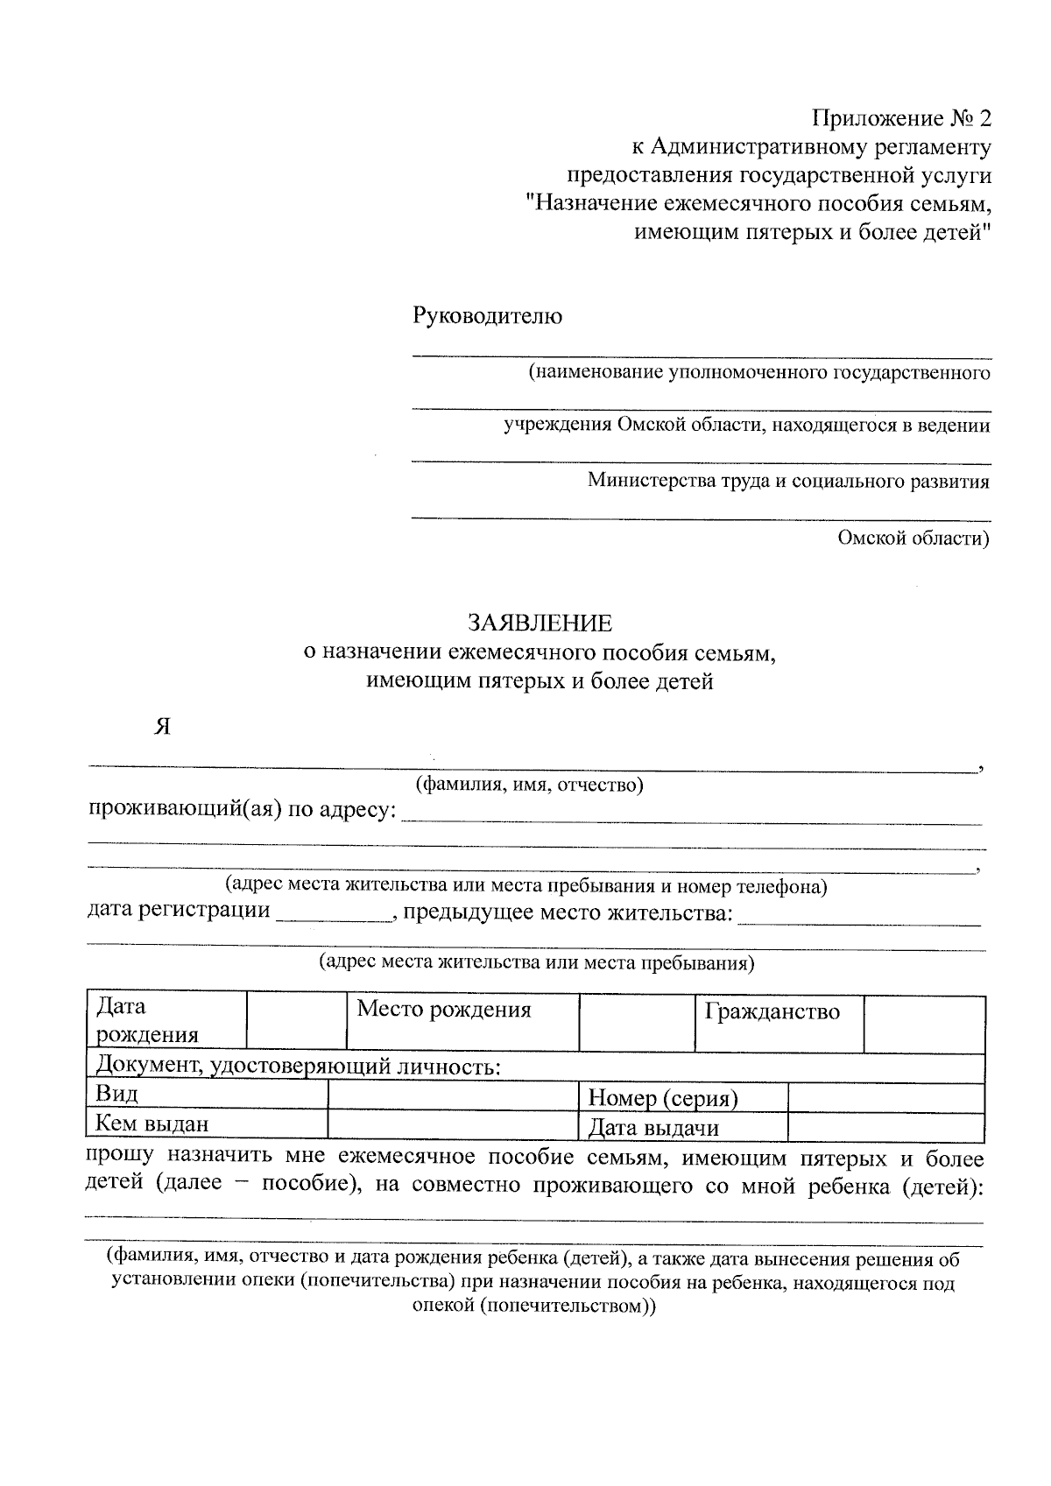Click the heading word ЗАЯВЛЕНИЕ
point(540,623)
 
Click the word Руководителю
point(488,316)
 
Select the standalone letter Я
point(161,726)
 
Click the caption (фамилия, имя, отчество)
point(530,784)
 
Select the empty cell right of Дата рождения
point(297,1022)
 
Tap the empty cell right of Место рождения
point(637,1022)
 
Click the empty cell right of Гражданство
point(924,1022)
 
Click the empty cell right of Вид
point(453,1095)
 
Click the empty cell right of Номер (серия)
point(886,1096)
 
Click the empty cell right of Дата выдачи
point(886,1126)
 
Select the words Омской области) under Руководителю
point(913,538)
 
